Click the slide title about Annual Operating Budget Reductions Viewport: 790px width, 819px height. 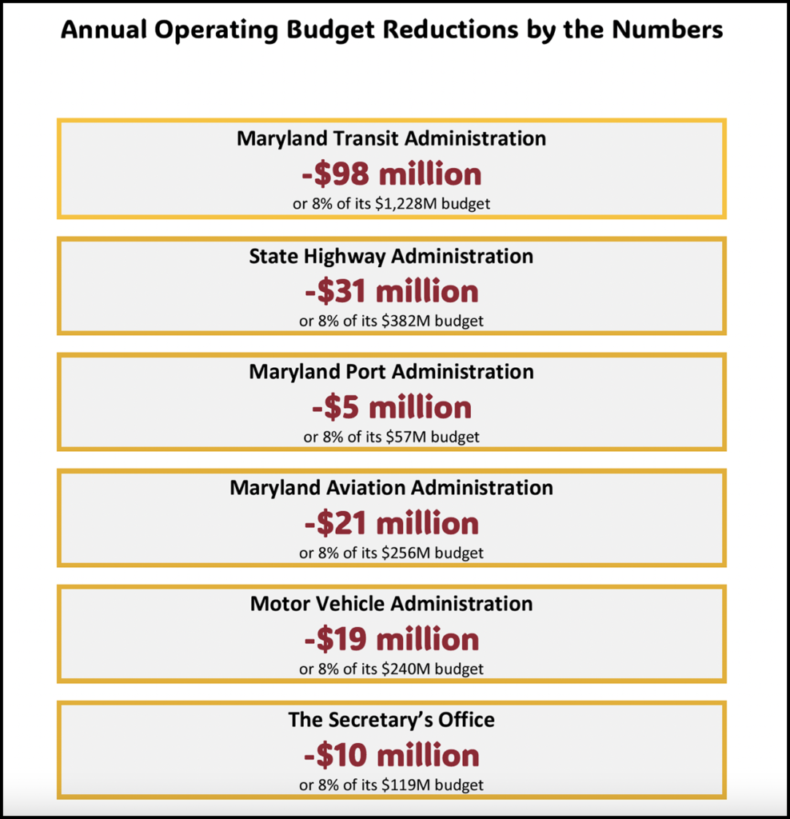(392, 30)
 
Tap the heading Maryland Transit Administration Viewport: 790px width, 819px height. (391, 138)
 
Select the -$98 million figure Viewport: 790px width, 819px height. (391, 174)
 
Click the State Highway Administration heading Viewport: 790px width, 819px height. (391, 256)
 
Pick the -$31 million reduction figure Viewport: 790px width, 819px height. (391, 291)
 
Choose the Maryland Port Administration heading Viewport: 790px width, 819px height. (391, 372)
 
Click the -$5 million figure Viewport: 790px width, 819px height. (391, 408)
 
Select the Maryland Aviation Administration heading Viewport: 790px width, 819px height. (391, 487)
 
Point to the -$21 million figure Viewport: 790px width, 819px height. (391, 524)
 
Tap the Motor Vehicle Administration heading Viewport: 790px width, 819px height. (391, 603)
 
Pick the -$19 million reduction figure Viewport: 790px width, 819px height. (391, 640)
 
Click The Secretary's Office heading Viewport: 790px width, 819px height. (391, 720)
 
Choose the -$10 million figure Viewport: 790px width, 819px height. (391, 756)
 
